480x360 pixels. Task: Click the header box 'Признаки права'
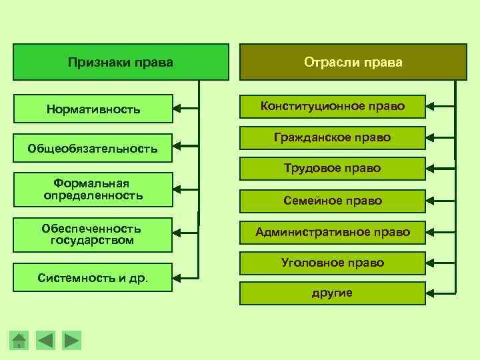tap(121, 63)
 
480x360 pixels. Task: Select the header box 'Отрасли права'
tap(353, 63)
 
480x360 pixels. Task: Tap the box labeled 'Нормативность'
tap(93, 109)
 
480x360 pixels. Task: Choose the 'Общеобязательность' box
tap(93, 148)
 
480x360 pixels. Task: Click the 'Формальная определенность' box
tap(93, 189)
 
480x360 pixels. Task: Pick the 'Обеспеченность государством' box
tap(93, 234)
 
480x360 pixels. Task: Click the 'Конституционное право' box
tap(333, 106)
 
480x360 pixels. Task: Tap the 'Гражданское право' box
tap(333, 137)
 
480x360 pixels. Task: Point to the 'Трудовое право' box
tap(333, 169)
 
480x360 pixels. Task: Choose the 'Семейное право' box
tap(333, 201)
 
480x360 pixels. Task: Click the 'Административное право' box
tap(333, 232)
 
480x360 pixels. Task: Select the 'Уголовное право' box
tap(333, 263)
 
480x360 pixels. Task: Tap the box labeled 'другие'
tap(333, 293)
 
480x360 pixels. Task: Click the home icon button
tap(19, 340)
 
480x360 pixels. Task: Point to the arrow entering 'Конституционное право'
tap(441, 105)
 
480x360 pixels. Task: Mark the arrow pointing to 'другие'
tap(441, 293)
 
